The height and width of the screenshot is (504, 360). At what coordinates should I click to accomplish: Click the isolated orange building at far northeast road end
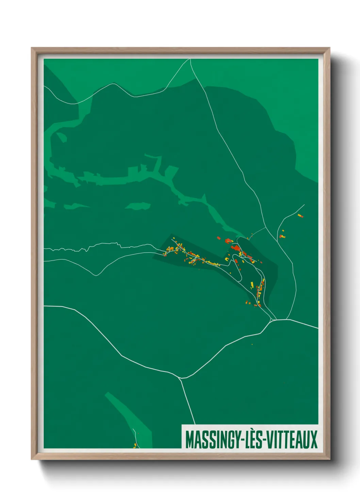[300, 216]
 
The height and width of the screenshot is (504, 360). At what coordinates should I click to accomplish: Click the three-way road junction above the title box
[180, 378]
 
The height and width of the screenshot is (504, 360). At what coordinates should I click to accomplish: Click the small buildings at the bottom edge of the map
[135, 445]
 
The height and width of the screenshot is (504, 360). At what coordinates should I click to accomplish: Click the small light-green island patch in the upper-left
[62, 137]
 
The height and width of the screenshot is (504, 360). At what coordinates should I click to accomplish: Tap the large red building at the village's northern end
[235, 248]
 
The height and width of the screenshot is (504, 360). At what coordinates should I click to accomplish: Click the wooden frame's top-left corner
[32, 48]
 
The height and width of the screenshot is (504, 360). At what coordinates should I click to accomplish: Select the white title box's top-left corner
[182, 425]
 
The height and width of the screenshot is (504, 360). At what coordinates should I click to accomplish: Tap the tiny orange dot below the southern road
[252, 345]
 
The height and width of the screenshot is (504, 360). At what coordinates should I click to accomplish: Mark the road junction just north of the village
[266, 227]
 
